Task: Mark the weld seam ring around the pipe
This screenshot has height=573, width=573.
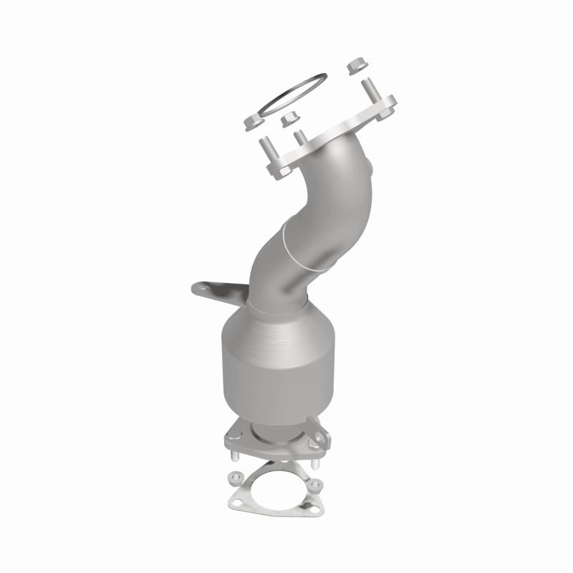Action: tap(301, 247)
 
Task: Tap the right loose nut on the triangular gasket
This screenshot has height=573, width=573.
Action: tap(314, 482)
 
